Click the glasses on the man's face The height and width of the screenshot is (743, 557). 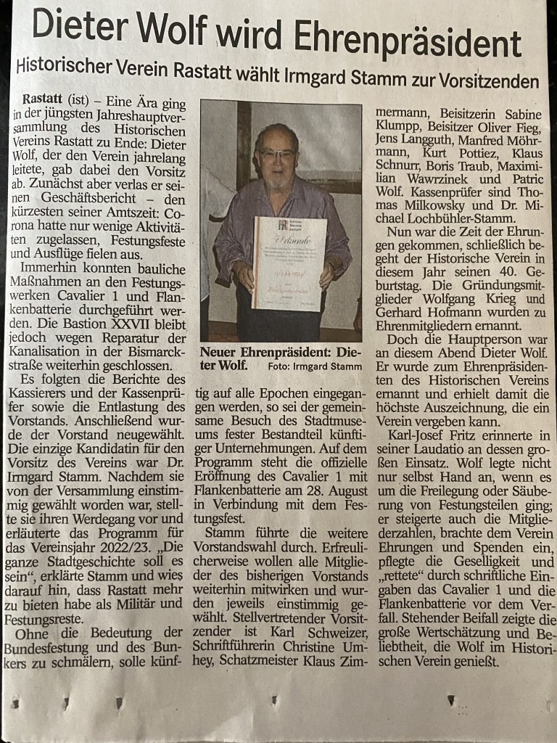[x=278, y=154]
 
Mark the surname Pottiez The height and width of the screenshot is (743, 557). [x=469, y=152]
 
